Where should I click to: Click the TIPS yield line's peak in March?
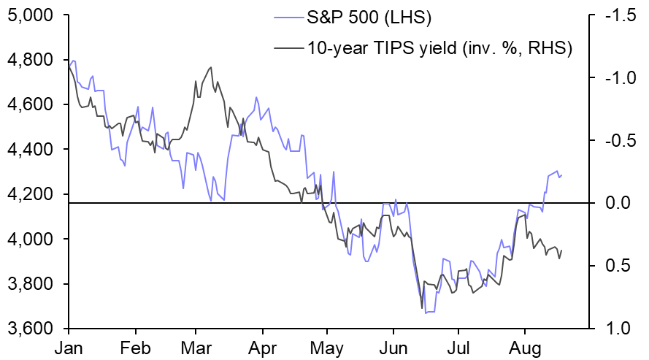[211, 67]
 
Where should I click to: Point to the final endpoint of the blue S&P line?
[562, 175]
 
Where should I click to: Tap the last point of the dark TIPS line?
[562, 250]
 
